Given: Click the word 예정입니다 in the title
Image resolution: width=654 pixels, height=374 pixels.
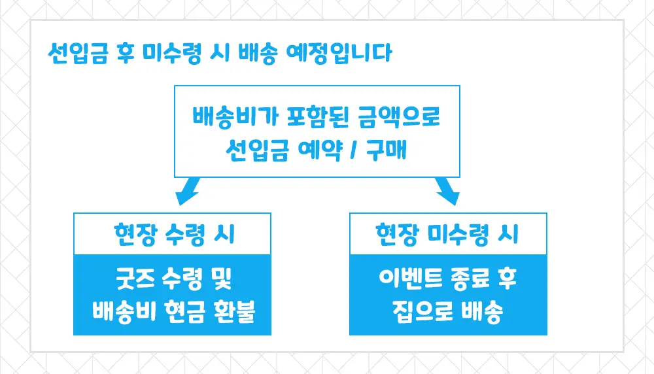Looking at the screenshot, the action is tap(339, 53).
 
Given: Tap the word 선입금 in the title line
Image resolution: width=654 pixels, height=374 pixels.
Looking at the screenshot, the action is tap(78, 53).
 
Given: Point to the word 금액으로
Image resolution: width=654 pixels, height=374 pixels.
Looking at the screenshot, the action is tap(399, 116).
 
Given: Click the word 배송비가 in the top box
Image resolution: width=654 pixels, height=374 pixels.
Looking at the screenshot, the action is tap(235, 116).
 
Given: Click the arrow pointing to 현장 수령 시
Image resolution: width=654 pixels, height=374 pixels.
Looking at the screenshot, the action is tap(188, 190).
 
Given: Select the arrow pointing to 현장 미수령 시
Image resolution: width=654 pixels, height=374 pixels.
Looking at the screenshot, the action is tap(447, 190).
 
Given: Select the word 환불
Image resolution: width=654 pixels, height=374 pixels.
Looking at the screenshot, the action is tap(234, 312).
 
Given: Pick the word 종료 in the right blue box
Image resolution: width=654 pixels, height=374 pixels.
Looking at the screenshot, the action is tap(469, 279).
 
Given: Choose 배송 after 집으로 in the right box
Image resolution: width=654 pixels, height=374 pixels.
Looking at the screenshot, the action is tap(482, 312).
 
